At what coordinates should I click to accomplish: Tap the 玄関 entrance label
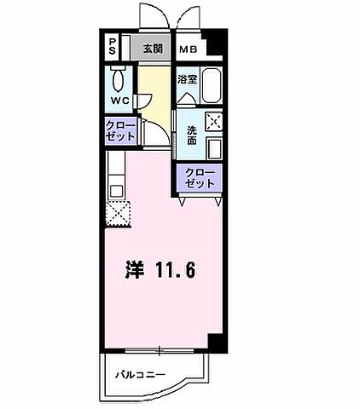coord(153,49)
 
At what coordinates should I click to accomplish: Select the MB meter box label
coord(188,49)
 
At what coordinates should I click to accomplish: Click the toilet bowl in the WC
coord(119,82)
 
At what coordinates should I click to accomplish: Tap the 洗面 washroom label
coord(190,135)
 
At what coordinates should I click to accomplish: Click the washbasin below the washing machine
coord(214,148)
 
